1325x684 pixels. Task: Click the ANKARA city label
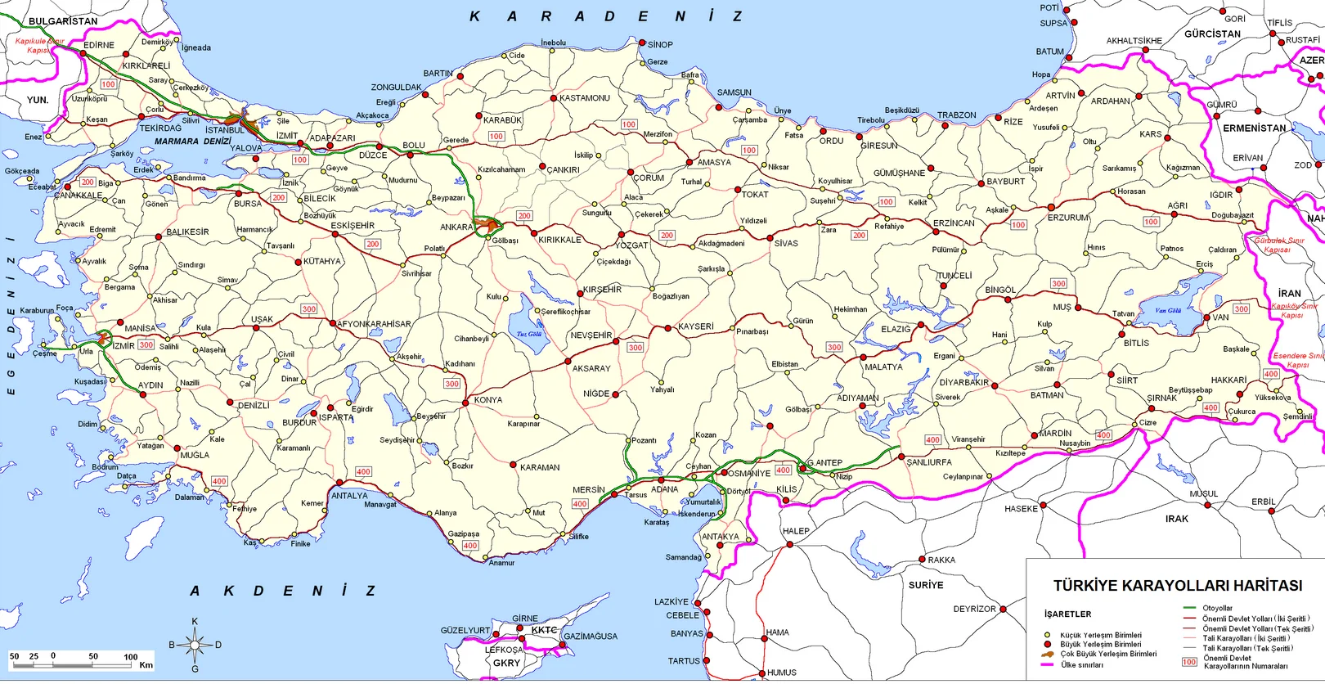click(x=456, y=227)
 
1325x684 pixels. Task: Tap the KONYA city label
click(x=488, y=400)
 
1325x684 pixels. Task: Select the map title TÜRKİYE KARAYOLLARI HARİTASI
click(x=1177, y=586)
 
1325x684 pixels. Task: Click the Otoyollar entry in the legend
click(x=1217, y=608)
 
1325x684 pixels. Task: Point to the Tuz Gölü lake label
click(x=529, y=334)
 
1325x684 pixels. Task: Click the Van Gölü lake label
click(x=1168, y=311)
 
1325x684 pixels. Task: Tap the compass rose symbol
click(x=195, y=646)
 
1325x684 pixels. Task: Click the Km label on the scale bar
click(x=146, y=665)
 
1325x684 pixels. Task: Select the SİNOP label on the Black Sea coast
click(x=660, y=45)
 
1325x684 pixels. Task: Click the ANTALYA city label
click(x=349, y=496)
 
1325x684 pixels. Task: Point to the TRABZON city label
click(x=956, y=115)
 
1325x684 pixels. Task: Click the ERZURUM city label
click(x=1068, y=218)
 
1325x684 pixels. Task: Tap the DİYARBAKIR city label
click(x=963, y=383)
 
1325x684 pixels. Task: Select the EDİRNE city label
click(x=99, y=45)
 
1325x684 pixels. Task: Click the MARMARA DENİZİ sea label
click(x=193, y=142)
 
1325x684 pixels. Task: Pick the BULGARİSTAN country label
click(x=63, y=21)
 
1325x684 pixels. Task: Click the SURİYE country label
click(x=926, y=585)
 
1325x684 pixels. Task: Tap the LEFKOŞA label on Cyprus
click(x=503, y=650)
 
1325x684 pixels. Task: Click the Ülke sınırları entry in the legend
click(x=1082, y=664)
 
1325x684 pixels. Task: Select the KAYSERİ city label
click(x=695, y=326)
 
